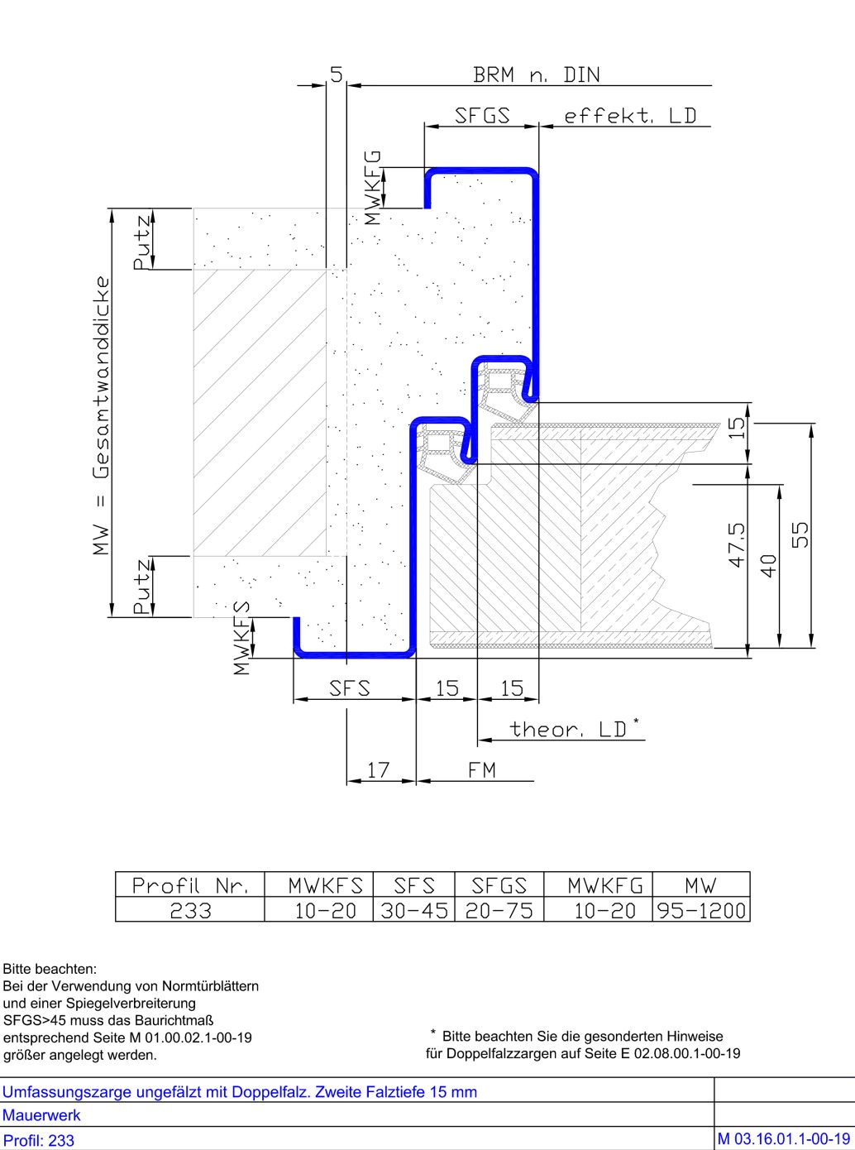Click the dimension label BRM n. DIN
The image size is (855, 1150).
pos(537,75)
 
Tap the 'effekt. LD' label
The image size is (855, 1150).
pos(630,116)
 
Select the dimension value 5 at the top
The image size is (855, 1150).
pos(337,74)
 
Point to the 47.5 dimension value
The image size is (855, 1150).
pos(737,544)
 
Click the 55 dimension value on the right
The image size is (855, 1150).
pos(800,534)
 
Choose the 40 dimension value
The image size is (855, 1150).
pos(769,566)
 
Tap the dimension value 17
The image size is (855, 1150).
pos(378,770)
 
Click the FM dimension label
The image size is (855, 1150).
pos(482,770)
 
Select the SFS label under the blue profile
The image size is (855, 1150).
pos(350,688)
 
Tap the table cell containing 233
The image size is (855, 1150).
pos(190,911)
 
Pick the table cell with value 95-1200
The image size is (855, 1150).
pos(701,911)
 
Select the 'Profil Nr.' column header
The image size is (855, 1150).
pos(190,885)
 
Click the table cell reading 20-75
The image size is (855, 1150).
pos(499,911)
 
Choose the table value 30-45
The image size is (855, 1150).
pos(414,911)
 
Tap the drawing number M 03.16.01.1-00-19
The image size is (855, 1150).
pos(784,1139)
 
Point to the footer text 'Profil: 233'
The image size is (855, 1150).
pos(38,1140)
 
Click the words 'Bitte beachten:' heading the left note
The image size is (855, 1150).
pos(50,969)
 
